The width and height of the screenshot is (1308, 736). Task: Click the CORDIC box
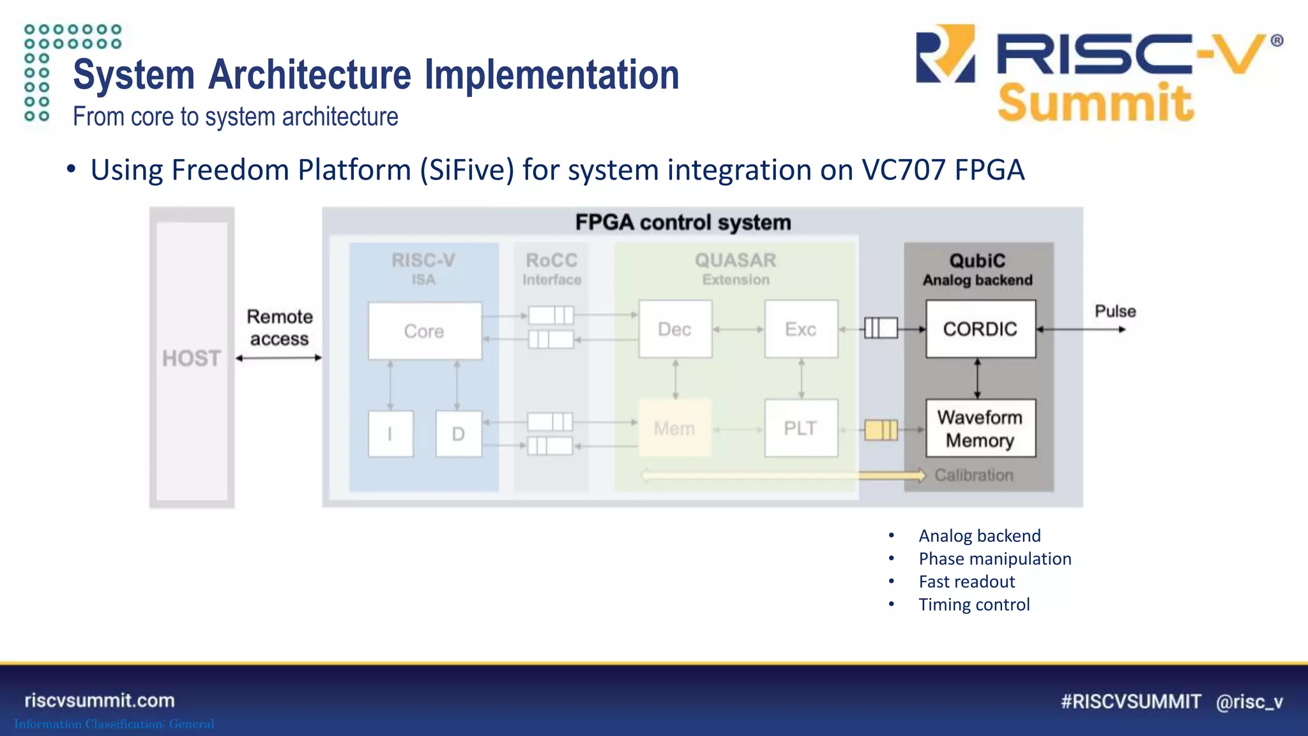tap(980, 329)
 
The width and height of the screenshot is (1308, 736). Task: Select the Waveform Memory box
tap(980, 429)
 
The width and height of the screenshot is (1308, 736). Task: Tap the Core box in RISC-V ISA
tap(425, 331)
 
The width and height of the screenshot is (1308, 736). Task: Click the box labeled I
tap(390, 434)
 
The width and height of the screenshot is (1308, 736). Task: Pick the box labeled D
tap(459, 434)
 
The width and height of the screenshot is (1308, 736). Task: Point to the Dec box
tap(675, 329)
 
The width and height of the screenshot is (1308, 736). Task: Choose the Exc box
tap(801, 329)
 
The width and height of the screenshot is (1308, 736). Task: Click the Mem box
tap(674, 428)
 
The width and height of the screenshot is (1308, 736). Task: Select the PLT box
tap(801, 428)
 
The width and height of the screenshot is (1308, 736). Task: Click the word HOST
tap(192, 358)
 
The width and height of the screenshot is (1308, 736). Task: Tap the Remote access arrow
tap(279, 358)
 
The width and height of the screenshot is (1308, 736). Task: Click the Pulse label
tap(1115, 311)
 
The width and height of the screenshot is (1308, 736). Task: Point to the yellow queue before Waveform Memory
tap(881, 430)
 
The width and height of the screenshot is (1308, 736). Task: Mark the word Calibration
tap(974, 475)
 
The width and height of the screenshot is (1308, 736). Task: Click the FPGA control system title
tap(683, 222)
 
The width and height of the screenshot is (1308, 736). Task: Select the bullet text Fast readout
tap(966, 581)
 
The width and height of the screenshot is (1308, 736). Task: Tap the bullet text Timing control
tap(974, 604)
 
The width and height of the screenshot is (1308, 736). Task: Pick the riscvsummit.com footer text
tap(100, 700)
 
